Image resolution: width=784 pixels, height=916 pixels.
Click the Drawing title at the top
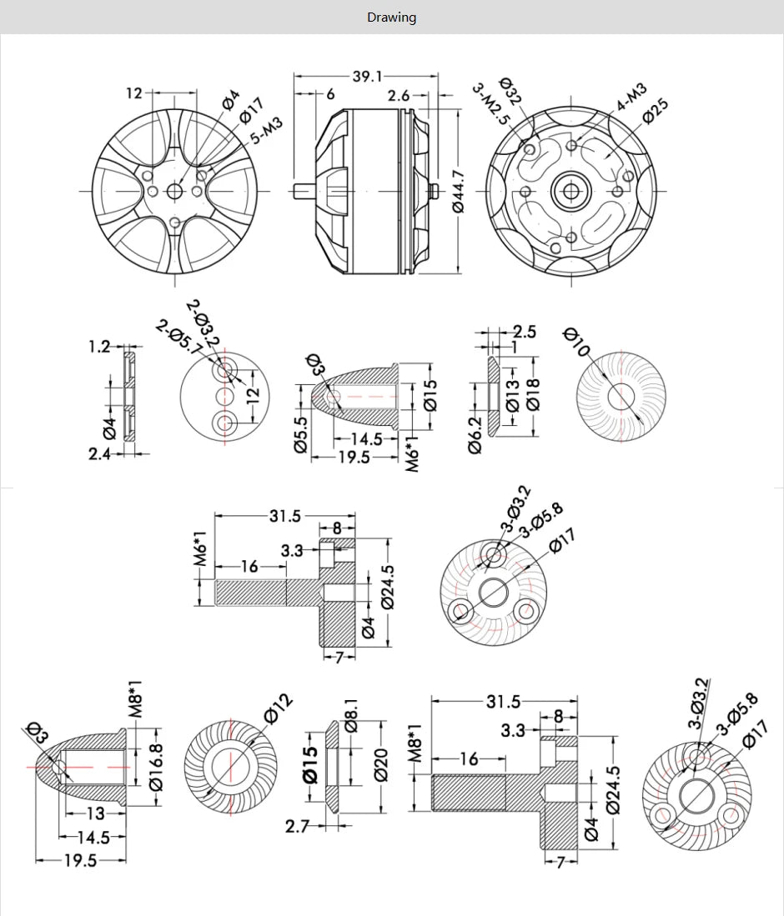pos(391,18)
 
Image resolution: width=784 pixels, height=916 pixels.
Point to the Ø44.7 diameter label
pos(458,191)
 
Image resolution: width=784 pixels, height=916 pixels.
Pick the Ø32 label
pos(510,91)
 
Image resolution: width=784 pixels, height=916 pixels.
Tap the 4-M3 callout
pos(631,97)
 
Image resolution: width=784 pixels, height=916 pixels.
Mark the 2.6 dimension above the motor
pos(399,96)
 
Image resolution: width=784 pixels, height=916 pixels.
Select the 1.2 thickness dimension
pos(99,346)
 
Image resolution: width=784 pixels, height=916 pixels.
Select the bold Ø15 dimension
pos(309,763)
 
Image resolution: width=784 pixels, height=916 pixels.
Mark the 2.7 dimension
pos(297,826)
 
